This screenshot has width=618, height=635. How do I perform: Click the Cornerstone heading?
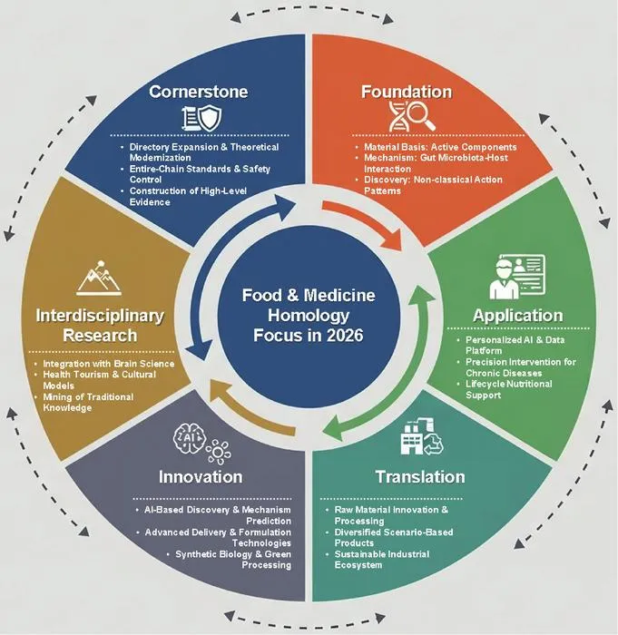click(x=198, y=92)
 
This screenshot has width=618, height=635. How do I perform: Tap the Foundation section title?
click(x=407, y=92)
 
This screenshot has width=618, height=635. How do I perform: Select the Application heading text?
click(x=518, y=316)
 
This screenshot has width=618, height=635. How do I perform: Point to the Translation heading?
click(x=420, y=476)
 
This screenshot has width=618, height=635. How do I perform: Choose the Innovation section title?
click(x=201, y=476)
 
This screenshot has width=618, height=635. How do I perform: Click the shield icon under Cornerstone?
click(x=211, y=118)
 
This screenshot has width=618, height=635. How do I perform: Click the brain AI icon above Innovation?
click(x=189, y=438)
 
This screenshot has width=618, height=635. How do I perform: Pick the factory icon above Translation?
click(x=412, y=437)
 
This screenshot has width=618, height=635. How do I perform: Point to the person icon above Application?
click(x=504, y=279)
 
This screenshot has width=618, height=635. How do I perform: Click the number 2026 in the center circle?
click(x=345, y=336)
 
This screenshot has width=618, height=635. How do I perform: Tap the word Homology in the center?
click(x=309, y=315)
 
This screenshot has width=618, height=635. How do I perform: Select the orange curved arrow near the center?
click(x=367, y=220)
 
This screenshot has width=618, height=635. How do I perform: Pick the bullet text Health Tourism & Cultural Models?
click(x=99, y=380)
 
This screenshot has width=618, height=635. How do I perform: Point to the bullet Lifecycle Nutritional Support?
click(x=508, y=389)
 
